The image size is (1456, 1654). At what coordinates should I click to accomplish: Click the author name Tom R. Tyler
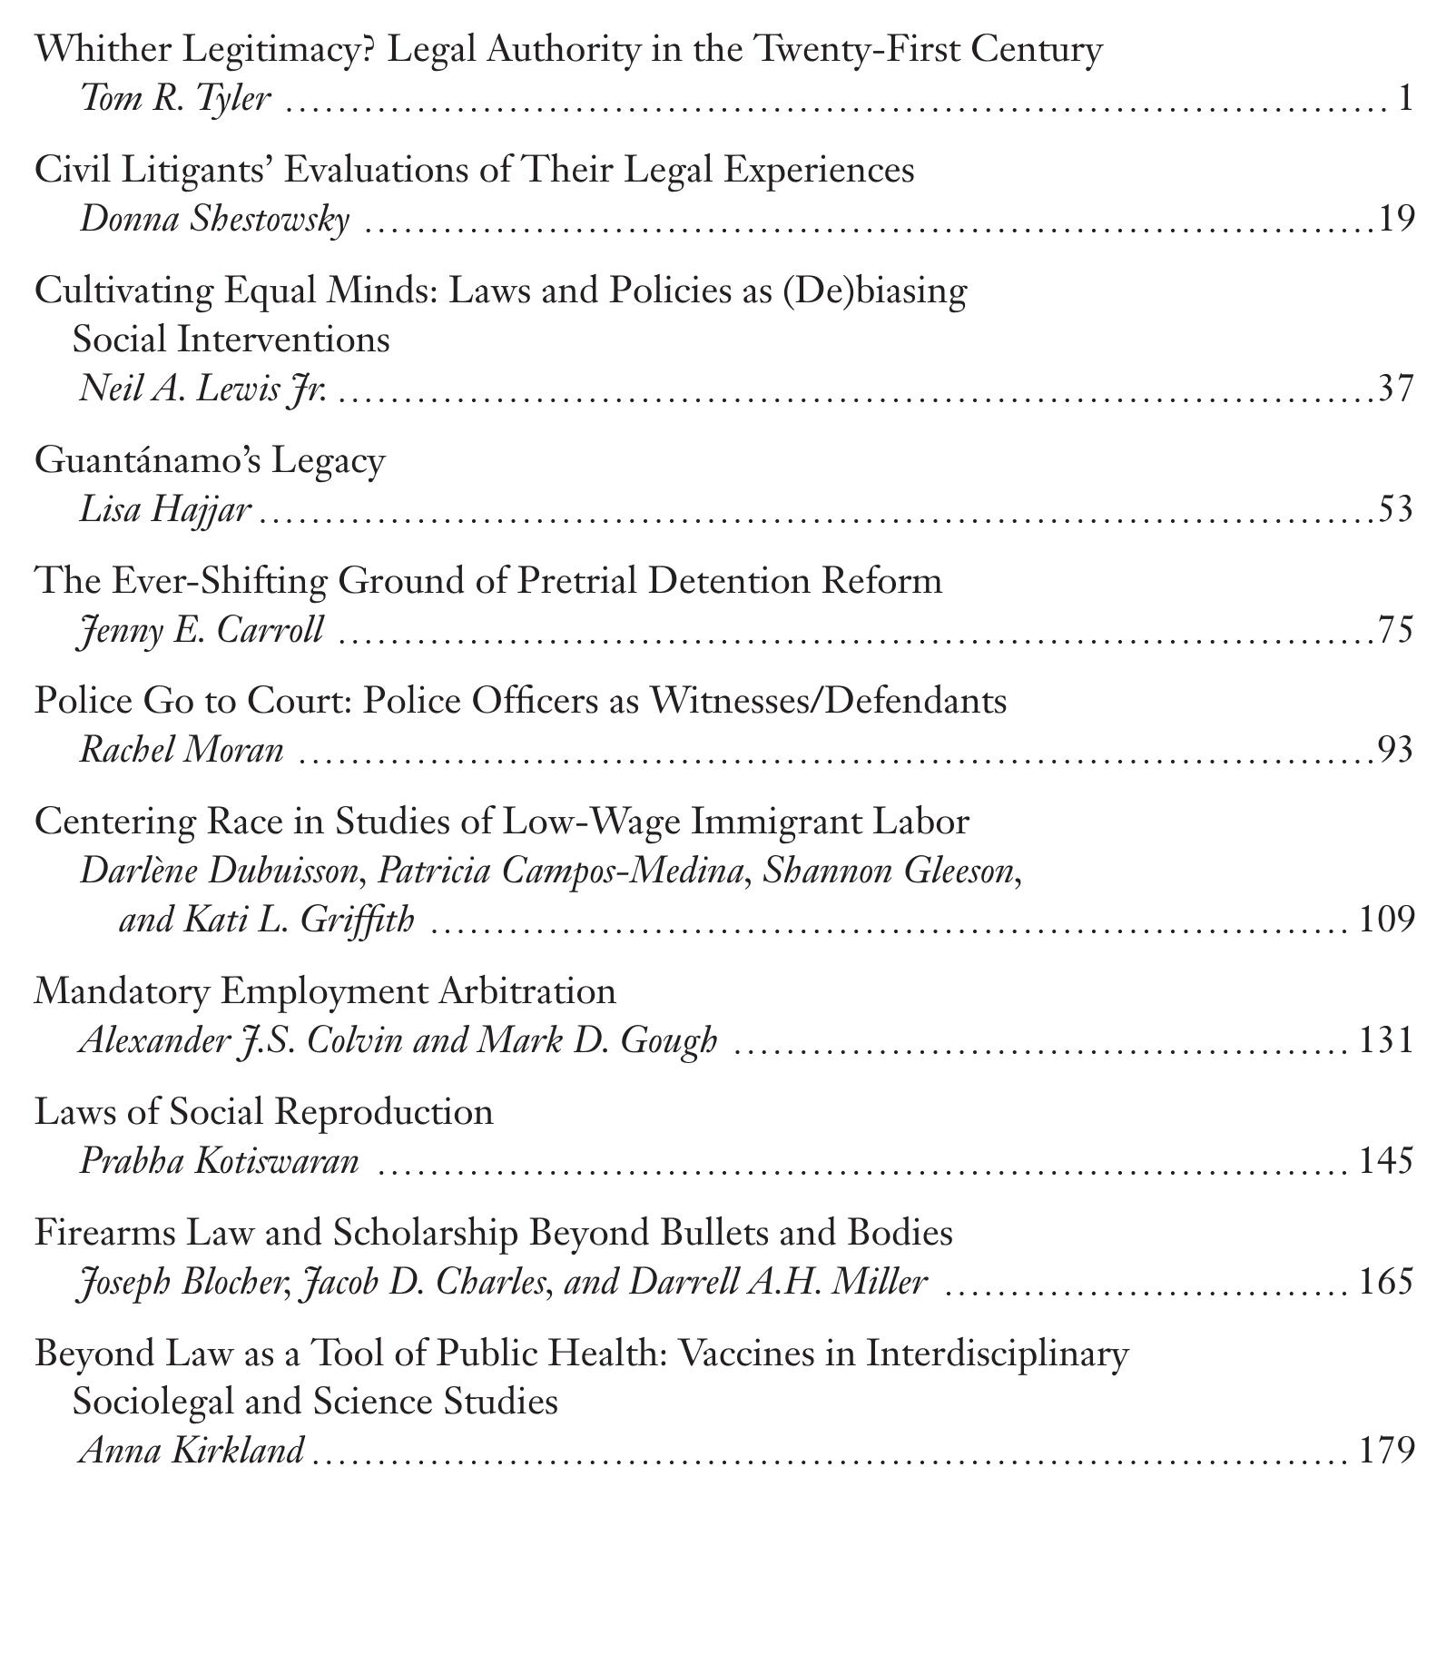[x=175, y=98]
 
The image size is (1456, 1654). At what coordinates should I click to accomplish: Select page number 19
[x=1396, y=219]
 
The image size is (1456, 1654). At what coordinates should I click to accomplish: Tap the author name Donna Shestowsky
[x=215, y=219]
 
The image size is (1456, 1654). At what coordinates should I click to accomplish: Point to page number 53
[x=1396, y=509]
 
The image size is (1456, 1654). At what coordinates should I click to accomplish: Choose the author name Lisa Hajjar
[x=164, y=509]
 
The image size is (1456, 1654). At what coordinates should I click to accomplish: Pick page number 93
[x=1396, y=751]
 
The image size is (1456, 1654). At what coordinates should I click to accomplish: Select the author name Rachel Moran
[x=182, y=751]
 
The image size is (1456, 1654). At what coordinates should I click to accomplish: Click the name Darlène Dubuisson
[x=219, y=871]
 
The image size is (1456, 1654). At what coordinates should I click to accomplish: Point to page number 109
[x=1387, y=920]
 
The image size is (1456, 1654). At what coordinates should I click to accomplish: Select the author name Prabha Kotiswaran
[x=220, y=1161]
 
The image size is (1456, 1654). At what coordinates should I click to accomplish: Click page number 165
[x=1387, y=1282]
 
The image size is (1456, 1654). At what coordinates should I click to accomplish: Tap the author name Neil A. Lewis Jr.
[x=203, y=389]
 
